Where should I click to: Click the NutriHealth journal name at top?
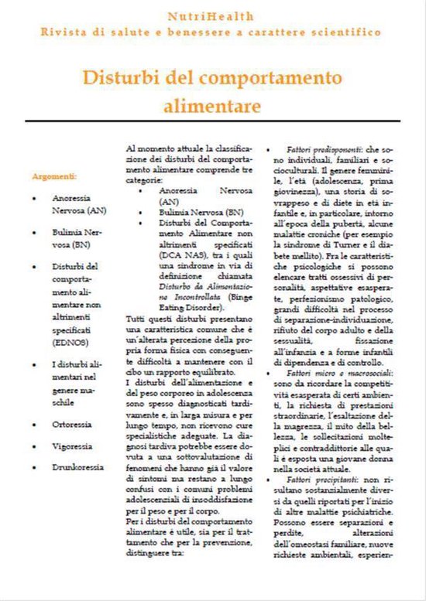[x=212, y=15]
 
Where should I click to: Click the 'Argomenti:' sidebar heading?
[x=54, y=176]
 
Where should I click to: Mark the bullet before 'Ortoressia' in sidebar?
[x=36, y=424]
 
